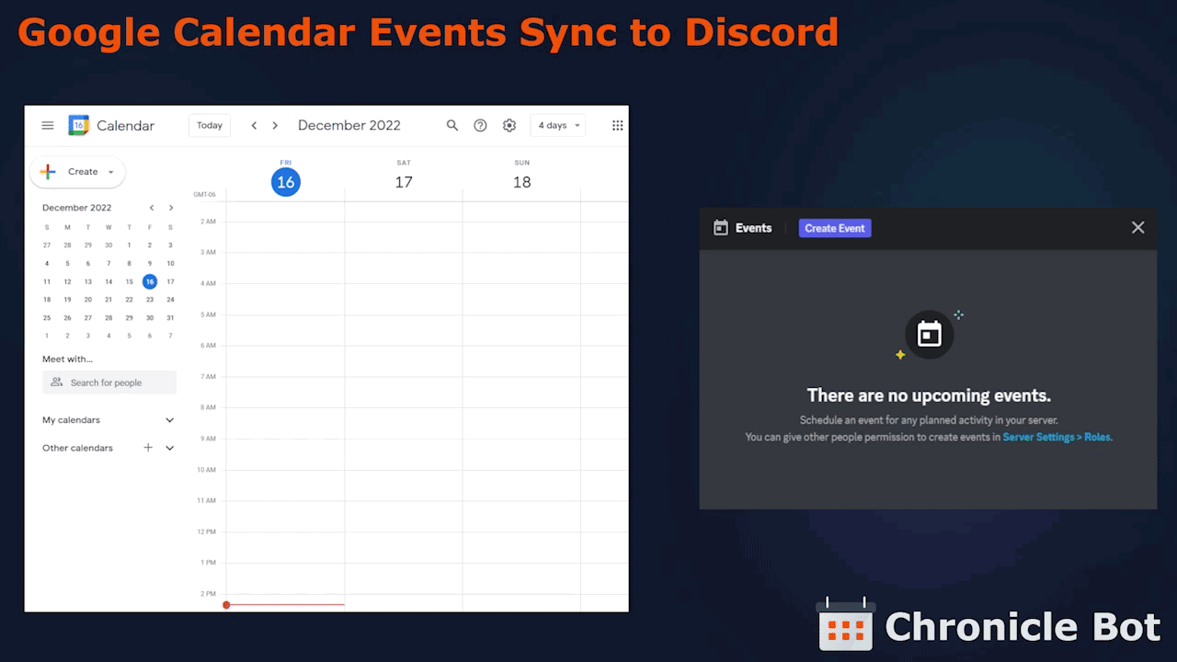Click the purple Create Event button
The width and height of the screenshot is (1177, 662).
834,228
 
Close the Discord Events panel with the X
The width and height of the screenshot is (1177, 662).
1137,227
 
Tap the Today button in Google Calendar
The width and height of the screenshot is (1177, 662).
209,126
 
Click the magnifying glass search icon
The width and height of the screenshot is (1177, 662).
451,126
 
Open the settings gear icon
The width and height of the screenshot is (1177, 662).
509,126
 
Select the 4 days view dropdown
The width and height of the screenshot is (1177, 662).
558,126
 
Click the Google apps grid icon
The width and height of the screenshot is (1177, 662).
617,126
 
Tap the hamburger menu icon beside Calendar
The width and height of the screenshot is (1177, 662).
48,126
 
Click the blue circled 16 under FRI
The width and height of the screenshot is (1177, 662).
286,182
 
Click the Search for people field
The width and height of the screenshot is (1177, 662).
109,382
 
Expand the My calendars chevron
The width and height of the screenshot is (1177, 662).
170,420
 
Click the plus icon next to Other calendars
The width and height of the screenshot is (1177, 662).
148,448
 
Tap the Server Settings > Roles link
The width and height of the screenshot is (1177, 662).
1057,437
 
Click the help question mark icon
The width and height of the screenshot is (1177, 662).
480,126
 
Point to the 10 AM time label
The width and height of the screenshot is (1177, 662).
207,470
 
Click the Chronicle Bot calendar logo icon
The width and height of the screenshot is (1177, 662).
845,623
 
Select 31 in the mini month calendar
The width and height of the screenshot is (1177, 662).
170,318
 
